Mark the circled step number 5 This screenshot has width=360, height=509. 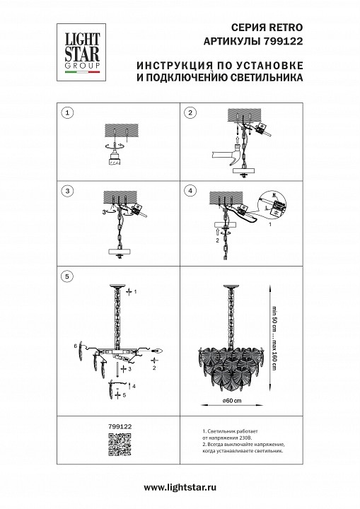click(x=66, y=276)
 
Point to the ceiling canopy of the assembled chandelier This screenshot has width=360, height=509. click(x=228, y=286)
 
